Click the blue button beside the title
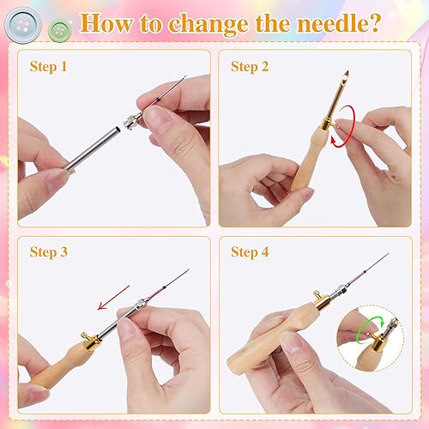coord(23,25)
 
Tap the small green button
coord(59,30)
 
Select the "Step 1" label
coord(49,67)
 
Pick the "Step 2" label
coord(250,67)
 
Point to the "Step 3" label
coord(49,252)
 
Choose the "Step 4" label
coord(250,252)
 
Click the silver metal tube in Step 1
coord(93,148)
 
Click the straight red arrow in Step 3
coord(114,298)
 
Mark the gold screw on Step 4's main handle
coord(317,293)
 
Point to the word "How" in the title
coord(106,24)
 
